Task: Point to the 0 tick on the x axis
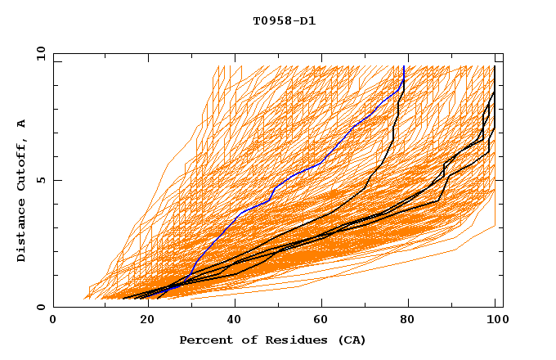click(x=53, y=321)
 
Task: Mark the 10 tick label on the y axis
click(x=39, y=53)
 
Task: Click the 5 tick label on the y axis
click(x=43, y=180)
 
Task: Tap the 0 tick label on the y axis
click(x=43, y=307)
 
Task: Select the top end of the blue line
click(x=404, y=66)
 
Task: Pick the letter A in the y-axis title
click(x=22, y=124)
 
